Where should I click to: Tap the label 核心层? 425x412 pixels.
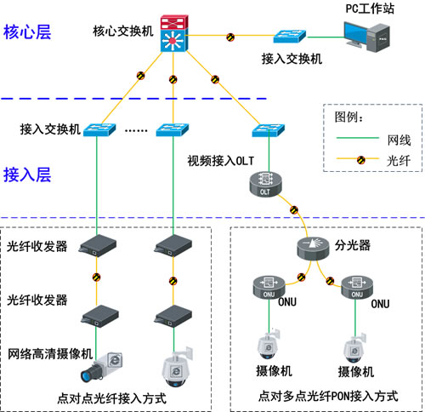[27, 33]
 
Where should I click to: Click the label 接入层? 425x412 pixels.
[27, 175]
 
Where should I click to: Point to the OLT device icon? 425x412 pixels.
[263, 183]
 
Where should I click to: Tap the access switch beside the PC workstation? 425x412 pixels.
[292, 39]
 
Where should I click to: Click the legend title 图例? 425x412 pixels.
[351, 116]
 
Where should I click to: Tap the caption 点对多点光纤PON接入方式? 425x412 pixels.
[327, 397]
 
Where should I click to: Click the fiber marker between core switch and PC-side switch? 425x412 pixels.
[231, 37]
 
